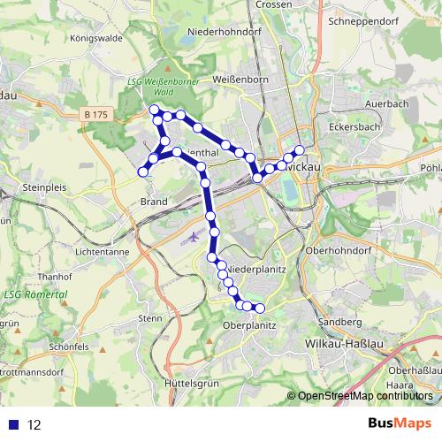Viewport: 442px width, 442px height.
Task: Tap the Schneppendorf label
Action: click(x=362, y=19)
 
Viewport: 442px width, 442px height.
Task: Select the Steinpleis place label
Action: click(x=46, y=187)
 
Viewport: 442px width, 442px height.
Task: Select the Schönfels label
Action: click(x=71, y=347)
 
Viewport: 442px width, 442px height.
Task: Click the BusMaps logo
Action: click(x=400, y=423)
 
